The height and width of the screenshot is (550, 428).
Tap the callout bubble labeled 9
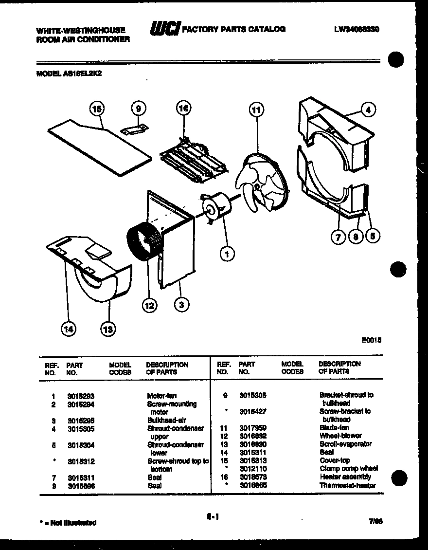[139, 109]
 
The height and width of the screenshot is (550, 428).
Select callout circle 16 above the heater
[183, 108]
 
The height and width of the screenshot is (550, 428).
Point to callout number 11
[256, 110]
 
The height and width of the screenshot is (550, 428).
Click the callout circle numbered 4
[368, 110]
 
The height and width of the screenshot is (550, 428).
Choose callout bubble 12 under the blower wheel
[149, 305]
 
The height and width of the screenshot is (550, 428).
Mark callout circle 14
[68, 330]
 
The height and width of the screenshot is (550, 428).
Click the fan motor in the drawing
[216, 206]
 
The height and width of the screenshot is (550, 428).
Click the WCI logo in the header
[164, 29]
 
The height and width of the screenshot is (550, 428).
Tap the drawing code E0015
[371, 341]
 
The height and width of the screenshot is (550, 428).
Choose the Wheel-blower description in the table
[340, 436]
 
